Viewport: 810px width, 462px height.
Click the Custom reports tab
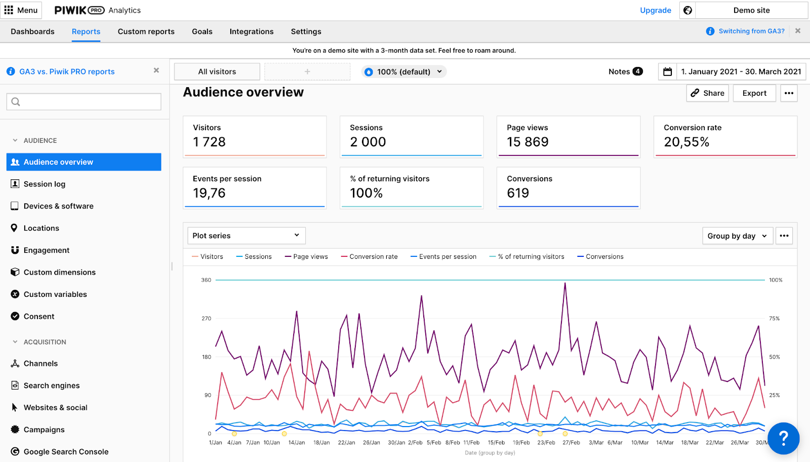pyautogui.click(x=146, y=31)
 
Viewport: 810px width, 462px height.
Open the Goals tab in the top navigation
pyautogui.click(x=202, y=31)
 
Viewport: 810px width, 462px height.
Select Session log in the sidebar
pyautogui.click(x=45, y=184)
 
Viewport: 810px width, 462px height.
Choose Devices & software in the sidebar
pyautogui.click(x=58, y=206)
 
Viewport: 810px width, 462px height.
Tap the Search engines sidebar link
pyautogui.click(x=52, y=386)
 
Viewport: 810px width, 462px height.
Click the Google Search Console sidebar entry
pyautogui.click(x=66, y=452)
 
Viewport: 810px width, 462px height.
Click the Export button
pyautogui.click(x=754, y=93)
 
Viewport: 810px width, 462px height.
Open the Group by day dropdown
pyautogui.click(x=737, y=236)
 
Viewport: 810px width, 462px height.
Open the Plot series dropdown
pyautogui.click(x=246, y=236)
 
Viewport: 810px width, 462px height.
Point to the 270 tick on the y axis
pyautogui.click(x=207, y=319)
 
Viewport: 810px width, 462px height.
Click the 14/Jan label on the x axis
pyautogui.click(x=297, y=443)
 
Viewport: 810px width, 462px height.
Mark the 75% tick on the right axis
pyautogui.click(x=775, y=319)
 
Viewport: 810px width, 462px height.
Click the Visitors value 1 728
pyautogui.click(x=209, y=142)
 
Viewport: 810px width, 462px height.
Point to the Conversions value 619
pyautogui.click(x=518, y=194)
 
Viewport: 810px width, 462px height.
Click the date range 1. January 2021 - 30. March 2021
pyautogui.click(x=741, y=72)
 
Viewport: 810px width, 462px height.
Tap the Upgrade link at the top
pyautogui.click(x=655, y=10)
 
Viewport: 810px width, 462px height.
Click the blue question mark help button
pyautogui.click(x=783, y=438)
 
